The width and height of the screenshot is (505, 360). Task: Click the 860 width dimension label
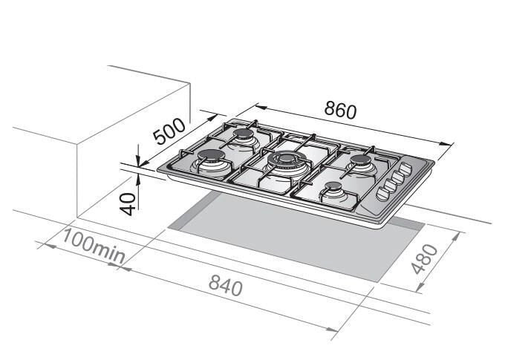coord(340,109)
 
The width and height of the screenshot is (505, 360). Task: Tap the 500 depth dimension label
coord(169,131)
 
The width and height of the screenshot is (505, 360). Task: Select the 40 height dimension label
coord(128,204)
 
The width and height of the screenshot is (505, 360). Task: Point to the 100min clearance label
coord(93,247)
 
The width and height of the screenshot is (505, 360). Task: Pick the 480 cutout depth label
coord(425,259)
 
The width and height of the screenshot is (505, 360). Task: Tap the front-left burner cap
coord(211,156)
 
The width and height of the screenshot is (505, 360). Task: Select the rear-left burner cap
coord(244,133)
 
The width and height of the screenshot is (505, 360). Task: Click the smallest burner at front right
coord(333,186)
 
